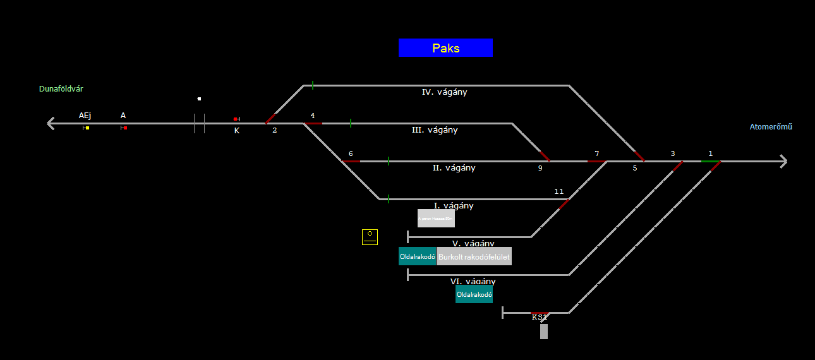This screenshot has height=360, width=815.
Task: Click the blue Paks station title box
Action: [445, 48]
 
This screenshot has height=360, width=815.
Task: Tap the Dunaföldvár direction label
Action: [61, 89]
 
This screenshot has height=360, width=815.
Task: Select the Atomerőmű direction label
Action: [771, 127]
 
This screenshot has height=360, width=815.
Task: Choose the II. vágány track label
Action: [454, 168]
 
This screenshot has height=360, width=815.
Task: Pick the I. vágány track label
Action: [454, 206]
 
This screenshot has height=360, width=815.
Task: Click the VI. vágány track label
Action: [473, 281]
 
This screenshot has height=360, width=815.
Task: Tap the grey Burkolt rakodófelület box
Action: [474, 257]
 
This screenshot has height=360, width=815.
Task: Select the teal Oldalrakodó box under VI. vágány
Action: [474, 294]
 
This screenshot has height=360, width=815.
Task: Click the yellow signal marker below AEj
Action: [87, 128]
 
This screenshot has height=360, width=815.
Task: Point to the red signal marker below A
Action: [125, 128]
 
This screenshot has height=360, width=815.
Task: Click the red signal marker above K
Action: [236, 119]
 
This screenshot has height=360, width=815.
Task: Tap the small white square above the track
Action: [199, 99]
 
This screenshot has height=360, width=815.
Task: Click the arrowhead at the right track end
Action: [784, 161]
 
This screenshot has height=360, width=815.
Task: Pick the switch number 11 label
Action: [558, 191]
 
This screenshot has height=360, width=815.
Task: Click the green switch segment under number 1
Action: [710, 161]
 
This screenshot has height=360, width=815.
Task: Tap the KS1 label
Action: [539, 317]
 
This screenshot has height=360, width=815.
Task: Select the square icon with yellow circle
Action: [370, 237]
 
